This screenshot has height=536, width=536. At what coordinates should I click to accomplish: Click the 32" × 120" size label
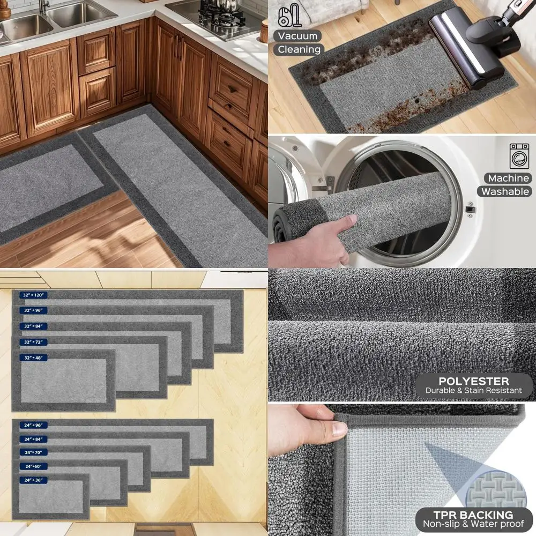(34, 295)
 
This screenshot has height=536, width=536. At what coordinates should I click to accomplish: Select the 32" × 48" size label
(34, 358)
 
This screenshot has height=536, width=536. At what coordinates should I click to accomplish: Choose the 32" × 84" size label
(34, 326)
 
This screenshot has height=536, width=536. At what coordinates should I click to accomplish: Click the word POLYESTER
(473, 381)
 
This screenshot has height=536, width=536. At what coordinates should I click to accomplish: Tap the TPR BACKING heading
(473, 516)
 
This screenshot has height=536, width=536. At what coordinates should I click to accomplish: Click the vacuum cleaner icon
(289, 15)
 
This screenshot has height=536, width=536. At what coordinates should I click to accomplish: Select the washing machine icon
(519, 156)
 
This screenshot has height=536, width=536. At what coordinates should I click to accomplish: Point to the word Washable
(505, 191)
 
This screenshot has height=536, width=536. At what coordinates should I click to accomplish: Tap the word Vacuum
(299, 36)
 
